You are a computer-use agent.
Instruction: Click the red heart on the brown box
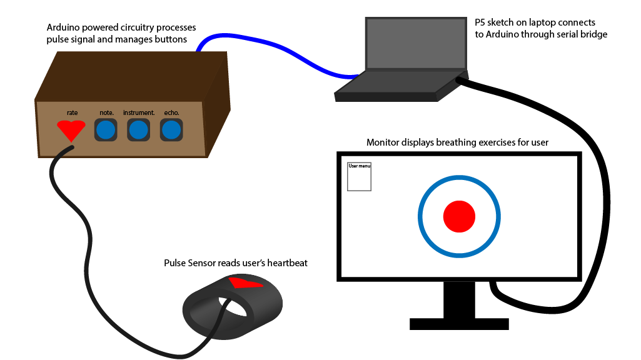click(x=71, y=130)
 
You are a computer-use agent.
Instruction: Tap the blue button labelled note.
click(x=106, y=131)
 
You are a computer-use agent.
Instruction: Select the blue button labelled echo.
click(x=171, y=131)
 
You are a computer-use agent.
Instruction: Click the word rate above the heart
click(x=73, y=112)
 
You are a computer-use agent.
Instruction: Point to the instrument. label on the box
click(x=138, y=112)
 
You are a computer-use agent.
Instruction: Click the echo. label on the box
click(x=171, y=112)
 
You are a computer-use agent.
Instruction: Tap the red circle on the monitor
click(x=459, y=216)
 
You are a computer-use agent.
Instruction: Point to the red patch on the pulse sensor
click(x=245, y=283)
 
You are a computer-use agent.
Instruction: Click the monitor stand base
click(x=458, y=324)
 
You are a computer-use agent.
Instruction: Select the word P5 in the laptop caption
click(x=480, y=22)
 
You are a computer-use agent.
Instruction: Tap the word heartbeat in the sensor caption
click(x=285, y=263)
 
